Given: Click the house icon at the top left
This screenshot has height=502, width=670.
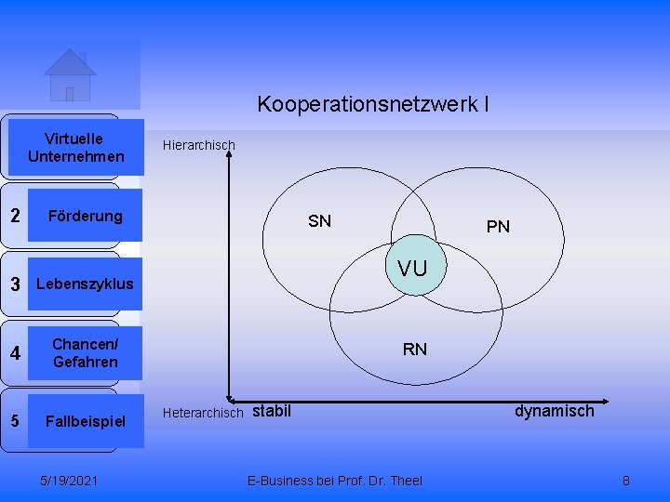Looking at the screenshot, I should pyautogui.click(x=70, y=74).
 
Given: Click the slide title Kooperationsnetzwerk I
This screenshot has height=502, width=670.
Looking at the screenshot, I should pyautogui.click(x=373, y=103).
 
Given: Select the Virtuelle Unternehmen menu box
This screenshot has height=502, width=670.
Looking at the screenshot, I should pyautogui.click(x=76, y=147).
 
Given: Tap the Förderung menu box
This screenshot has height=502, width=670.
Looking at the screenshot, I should pyautogui.click(x=85, y=216).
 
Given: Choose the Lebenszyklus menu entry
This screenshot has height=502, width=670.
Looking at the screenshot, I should pyautogui.click(x=84, y=284).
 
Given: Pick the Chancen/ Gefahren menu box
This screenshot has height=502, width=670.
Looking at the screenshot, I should pyautogui.click(x=85, y=353).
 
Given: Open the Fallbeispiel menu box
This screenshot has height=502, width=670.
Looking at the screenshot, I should pyautogui.click(x=85, y=421).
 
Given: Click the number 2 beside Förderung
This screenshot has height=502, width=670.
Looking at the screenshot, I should pyautogui.click(x=15, y=216).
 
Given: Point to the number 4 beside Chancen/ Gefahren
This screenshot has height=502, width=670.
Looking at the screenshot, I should pyautogui.click(x=15, y=353).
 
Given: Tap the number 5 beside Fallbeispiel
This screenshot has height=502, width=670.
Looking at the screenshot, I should pyautogui.click(x=15, y=420).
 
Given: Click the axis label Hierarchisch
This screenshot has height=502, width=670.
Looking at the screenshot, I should pyautogui.click(x=199, y=145).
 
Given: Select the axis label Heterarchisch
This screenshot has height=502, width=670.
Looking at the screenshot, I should pyautogui.click(x=203, y=412).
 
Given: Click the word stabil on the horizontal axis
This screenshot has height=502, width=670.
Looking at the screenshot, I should pyautogui.click(x=272, y=410).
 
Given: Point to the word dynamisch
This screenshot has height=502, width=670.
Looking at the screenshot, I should pyautogui.click(x=554, y=410).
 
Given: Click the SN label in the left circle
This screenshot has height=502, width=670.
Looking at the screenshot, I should pyautogui.click(x=319, y=221).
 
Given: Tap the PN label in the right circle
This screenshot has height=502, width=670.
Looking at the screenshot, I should pyautogui.click(x=498, y=226).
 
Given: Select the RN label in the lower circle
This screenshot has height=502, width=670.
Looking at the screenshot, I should pyautogui.click(x=415, y=350).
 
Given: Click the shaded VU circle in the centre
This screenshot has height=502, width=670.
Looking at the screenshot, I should pyautogui.click(x=412, y=270).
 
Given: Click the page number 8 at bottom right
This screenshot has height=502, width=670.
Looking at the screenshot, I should pyautogui.click(x=626, y=481).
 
